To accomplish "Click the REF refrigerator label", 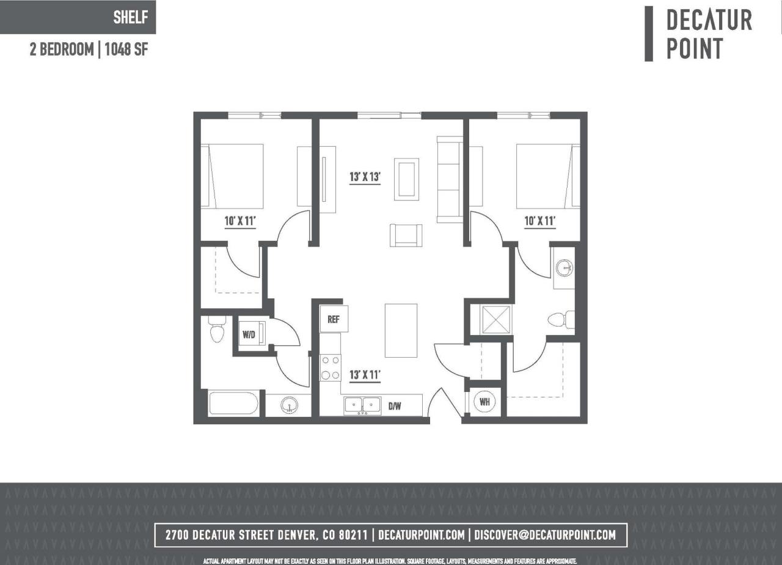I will [x=334, y=319].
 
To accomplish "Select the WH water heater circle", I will [x=485, y=402].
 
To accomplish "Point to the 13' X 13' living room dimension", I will [x=365, y=178].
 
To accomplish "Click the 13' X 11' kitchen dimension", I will [x=365, y=375].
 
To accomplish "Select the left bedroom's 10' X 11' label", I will [x=240, y=221].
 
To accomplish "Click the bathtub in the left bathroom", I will [x=233, y=404].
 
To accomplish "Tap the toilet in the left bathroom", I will [x=217, y=330].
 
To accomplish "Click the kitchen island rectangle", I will [x=401, y=330].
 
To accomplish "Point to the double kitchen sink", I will [x=362, y=405].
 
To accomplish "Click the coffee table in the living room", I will [x=406, y=179].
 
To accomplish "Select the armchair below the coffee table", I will [x=406, y=235].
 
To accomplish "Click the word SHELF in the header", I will [x=130, y=17].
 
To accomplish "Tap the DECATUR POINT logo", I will [x=709, y=34].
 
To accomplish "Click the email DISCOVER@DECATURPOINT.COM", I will [x=545, y=535].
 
